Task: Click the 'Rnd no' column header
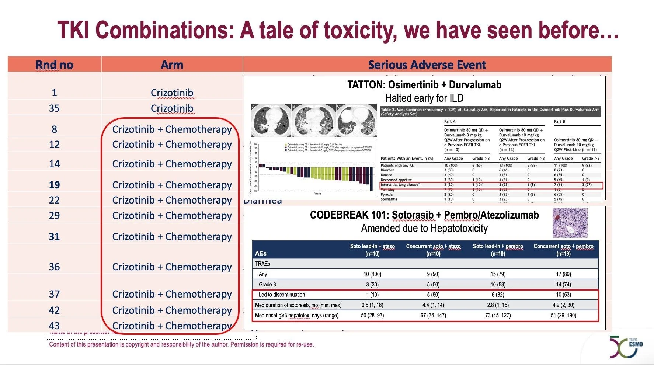click(x=54, y=65)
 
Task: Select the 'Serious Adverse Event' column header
click(x=427, y=65)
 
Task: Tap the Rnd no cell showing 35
click(x=54, y=108)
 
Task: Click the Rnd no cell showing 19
click(x=54, y=185)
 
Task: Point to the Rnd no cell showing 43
click(x=54, y=326)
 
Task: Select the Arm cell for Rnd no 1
click(x=172, y=93)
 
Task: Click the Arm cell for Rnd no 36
click(x=172, y=267)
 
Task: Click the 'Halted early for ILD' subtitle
click(x=424, y=98)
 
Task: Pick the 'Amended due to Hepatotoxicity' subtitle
click(x=424, y=229)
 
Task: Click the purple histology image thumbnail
click(x=570, y=223)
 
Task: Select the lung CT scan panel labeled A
click(x=271, y=120)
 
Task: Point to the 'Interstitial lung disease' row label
click(x=400, y=185)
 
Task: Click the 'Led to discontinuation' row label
click(x=282, y=295)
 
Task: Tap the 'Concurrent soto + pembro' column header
click(x=563, y=250)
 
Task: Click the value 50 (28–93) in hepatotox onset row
click(x=372, y=315)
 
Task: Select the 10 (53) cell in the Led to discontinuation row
click(x=563, y=295)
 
